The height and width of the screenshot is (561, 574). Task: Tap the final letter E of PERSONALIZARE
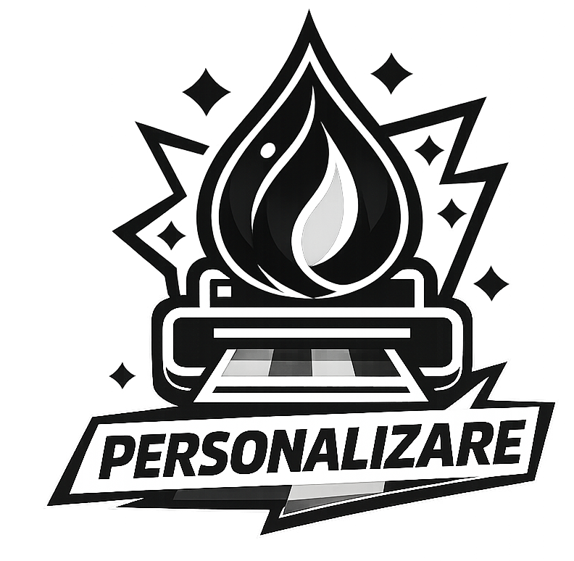tap(505, 444)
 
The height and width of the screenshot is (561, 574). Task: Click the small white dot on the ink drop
tap(267, 150)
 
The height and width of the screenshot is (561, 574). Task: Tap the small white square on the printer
tap(223, 291)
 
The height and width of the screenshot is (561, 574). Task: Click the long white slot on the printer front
tap(312, 333)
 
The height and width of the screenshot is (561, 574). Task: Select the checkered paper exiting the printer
tap(312, 363)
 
